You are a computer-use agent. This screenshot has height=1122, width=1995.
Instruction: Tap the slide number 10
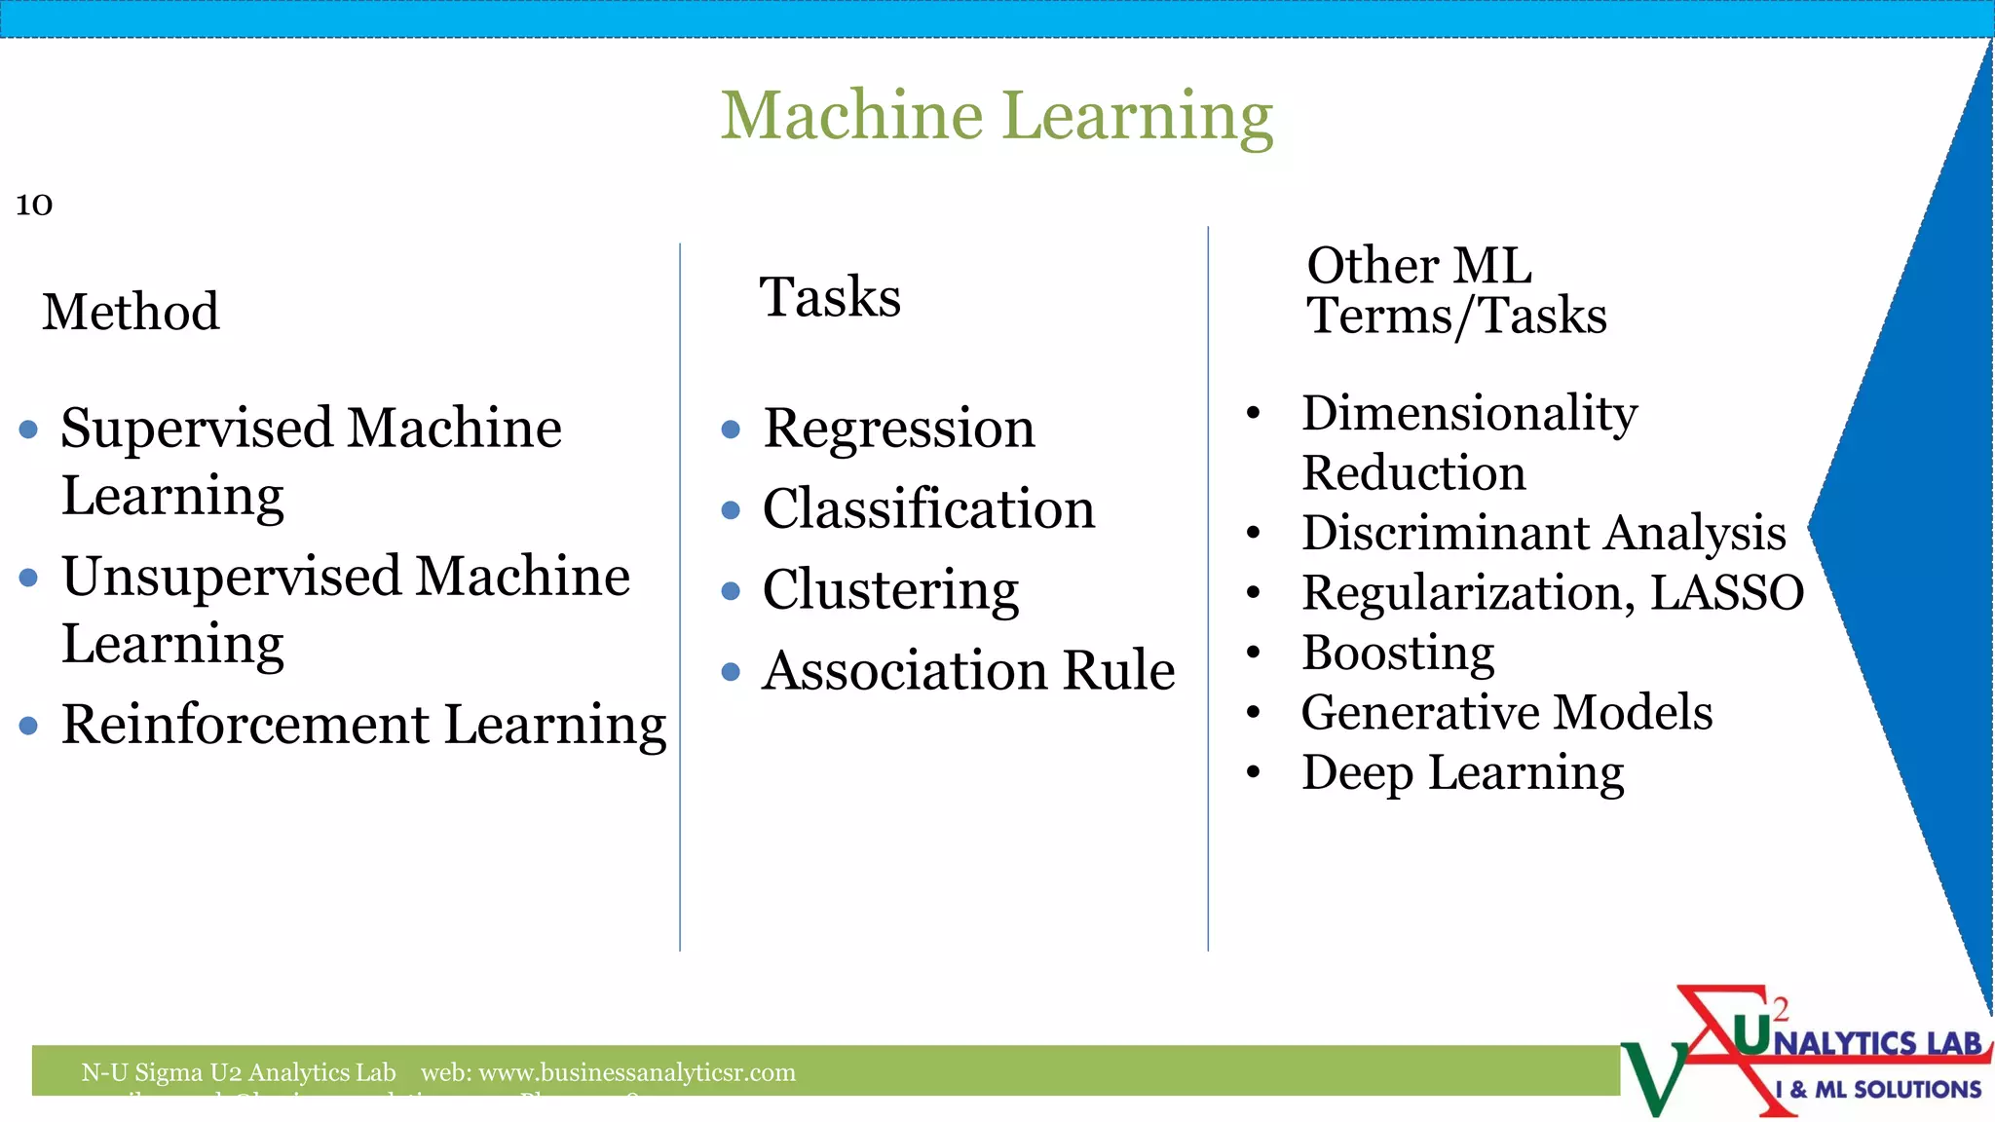34,205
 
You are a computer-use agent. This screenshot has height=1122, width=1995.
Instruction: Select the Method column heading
131,313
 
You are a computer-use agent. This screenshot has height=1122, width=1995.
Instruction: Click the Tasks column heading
830,297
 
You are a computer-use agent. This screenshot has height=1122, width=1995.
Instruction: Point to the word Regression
899,430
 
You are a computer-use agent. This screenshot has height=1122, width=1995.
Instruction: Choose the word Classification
928,509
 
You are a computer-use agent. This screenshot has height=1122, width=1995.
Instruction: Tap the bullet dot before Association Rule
731,672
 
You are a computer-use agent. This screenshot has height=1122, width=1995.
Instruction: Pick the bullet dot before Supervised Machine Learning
28,429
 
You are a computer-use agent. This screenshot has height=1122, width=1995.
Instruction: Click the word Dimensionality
1469,414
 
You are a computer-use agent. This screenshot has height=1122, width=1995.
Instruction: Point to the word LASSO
1727,593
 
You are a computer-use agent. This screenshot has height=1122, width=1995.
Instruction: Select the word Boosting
1398,654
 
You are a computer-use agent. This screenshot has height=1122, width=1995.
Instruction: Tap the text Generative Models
1506,713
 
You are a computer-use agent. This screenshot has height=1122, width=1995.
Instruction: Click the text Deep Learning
1462,773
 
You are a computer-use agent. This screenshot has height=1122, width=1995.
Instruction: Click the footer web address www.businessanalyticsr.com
637,1072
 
